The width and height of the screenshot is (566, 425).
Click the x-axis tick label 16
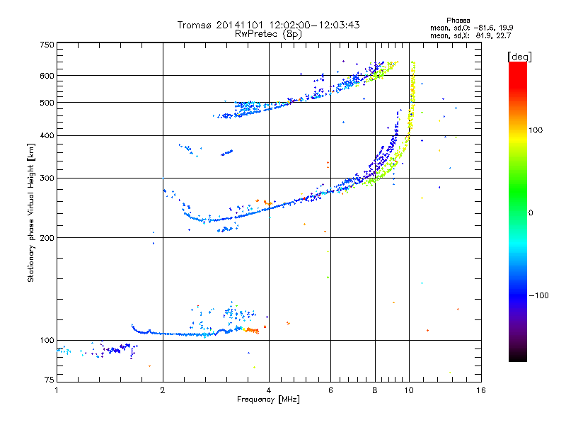[480, 390]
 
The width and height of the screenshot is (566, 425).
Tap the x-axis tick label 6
[331, 390]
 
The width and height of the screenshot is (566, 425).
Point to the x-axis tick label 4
[269, 390]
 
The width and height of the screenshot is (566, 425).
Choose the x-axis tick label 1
[57, 390]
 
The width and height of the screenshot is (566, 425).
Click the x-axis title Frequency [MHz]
[269, 399]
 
